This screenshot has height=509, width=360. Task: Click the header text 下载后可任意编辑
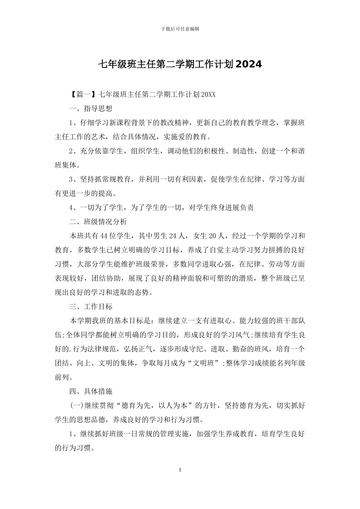[180, 29]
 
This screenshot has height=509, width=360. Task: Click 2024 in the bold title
[248, 64]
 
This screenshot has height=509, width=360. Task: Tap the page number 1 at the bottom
[180, 470]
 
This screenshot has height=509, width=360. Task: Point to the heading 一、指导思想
[91, 109]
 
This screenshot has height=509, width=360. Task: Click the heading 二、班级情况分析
[98, 222]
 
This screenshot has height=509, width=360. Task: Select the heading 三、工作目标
[91, 306]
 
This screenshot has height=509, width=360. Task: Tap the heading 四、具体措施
[91, 391]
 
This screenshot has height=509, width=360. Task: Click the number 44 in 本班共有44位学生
[105, 236]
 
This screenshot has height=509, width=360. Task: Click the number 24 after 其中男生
[172, 236]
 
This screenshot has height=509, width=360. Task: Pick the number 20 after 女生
[213, 236]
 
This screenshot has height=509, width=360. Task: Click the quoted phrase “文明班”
[205, 363]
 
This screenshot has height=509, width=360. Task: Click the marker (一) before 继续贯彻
[77, 406]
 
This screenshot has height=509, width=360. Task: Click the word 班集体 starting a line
[66, 165]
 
